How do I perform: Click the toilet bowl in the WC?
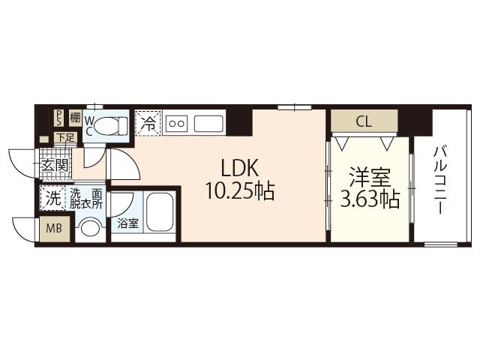click(x=115, y=125)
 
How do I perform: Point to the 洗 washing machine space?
click(x=52, y=199)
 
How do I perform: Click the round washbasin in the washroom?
click(x=91, y=227)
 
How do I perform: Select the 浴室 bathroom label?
click(x=127, y=223)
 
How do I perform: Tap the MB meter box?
click(x=55, y=229)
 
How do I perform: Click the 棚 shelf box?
click(x=74, y=117)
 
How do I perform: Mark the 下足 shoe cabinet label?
click(x=67, y=137)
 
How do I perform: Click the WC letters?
click(x=88, y=125)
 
